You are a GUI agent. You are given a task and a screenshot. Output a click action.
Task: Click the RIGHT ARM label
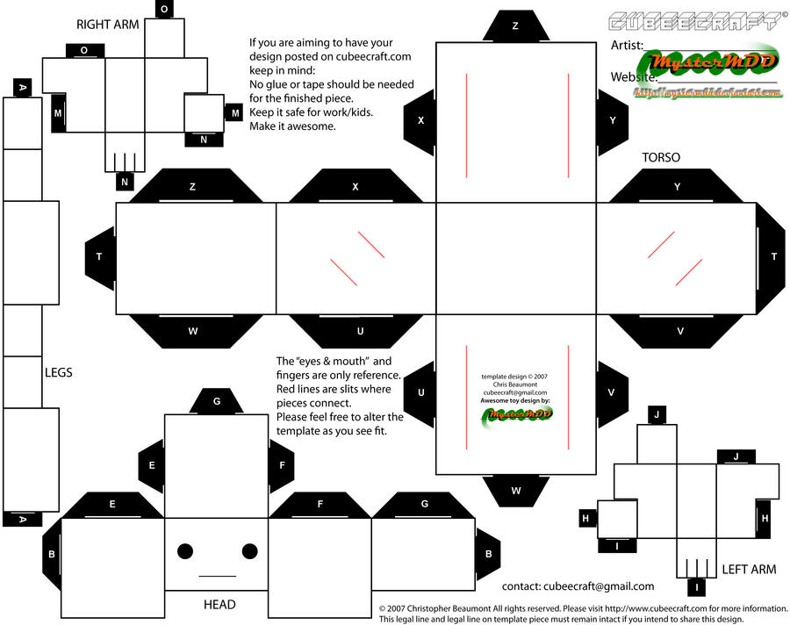(x=108, y=25)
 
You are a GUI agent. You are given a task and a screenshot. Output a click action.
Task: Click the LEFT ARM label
(x=749, y=570)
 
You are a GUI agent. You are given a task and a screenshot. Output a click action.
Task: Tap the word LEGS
(x=58, y=372)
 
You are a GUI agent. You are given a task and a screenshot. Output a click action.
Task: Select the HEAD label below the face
(x=219, y=605)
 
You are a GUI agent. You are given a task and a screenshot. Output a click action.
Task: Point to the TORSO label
(x=661, y=158)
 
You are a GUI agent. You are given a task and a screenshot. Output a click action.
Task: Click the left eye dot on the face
(x=185, y=551)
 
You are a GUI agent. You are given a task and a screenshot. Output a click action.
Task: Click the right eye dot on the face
(x=250, y=551)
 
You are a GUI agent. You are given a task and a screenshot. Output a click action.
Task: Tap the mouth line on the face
(x=218, y=577)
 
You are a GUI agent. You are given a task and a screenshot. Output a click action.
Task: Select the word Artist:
(x=627, y=45)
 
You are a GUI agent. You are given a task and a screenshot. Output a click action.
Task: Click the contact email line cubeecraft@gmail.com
(x=578, y=586)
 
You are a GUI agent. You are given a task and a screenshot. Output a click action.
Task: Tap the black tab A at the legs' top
(x=22, y=87)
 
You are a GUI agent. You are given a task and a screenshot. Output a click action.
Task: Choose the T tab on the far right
(x=772, y=257)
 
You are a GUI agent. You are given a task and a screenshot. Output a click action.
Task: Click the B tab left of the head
(x=52, y=554)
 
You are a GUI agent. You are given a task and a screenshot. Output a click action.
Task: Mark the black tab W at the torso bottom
(x=515, y=490)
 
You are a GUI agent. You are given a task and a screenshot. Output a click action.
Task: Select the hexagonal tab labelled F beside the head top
(x=282, y=465)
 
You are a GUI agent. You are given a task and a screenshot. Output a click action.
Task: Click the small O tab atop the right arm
(x=164, y=10)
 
